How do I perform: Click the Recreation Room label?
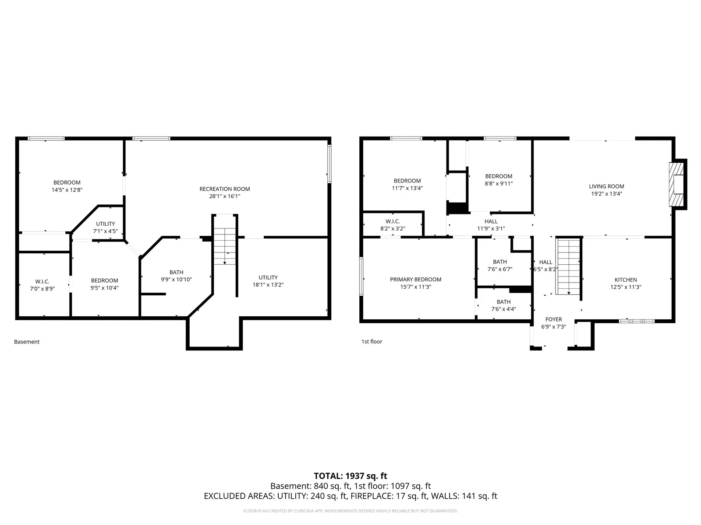tap(224, 189)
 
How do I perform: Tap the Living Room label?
tap(606, 186)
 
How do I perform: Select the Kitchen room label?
tap(626, 280)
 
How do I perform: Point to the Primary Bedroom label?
tap(415, 280)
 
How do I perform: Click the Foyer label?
tap(553, 319)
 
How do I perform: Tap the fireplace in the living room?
tap(676, 185)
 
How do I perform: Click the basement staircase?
tap(225, 246)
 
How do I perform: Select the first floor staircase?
tap(568, 267)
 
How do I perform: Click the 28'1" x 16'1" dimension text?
tap(224, 196)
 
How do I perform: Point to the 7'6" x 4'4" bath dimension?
tap(503, 309)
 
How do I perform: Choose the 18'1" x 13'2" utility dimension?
tap(268, 285)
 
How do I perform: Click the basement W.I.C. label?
tap(42, 281)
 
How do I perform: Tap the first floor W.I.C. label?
tap(393, 221)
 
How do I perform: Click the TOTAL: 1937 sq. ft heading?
tap(350, 476)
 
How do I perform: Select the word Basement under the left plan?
tap(27, 342)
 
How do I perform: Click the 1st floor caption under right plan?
tap(372, 341)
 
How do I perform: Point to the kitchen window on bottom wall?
tap(637, 321)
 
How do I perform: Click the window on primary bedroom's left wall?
tap(361, 276)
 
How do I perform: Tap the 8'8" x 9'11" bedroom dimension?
tap(499, 184)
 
